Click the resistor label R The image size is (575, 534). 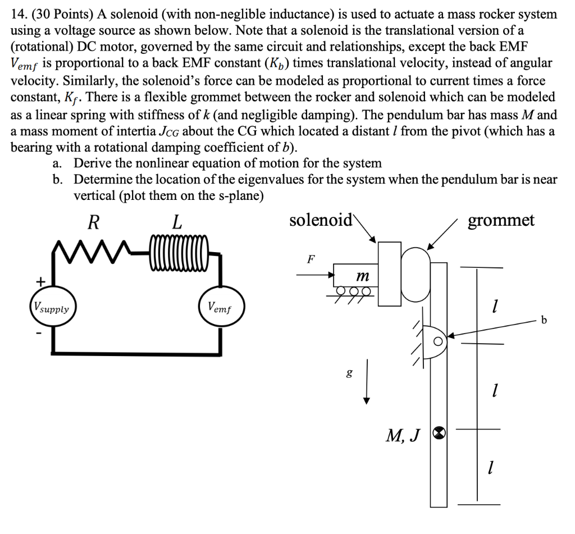tap(93, 222)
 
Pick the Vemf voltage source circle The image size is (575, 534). tap(220, 307)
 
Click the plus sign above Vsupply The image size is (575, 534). tap(40, 280)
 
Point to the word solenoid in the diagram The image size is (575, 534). tap(320, 220)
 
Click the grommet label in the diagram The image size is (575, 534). tap(501, 220)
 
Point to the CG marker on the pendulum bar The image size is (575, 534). tap(440, 432)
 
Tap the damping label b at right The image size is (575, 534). tap(543, 321)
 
